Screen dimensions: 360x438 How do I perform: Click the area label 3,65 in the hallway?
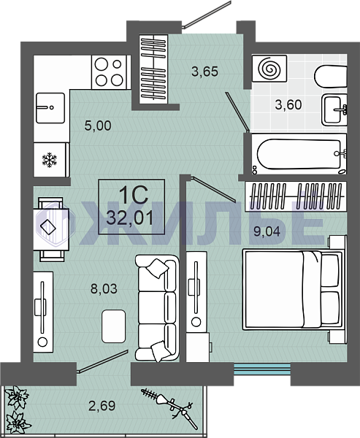(x=204, y=72)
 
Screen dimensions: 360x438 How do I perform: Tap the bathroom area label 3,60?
(x=288, y=104)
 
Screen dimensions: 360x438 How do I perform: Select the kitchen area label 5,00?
(x=98, y=126)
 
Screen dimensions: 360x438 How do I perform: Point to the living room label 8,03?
(x=104, y=288)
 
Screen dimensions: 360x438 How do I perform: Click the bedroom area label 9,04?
(x=267, y=231)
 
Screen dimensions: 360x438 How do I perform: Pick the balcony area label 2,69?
(x=102, y=406)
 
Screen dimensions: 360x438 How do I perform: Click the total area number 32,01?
(x=130, y=218)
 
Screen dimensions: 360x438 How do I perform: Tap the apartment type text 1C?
(x=134, y=195)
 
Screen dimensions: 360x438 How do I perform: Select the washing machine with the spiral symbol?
(x=269, y=69)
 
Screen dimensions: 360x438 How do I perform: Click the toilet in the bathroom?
(x=331, y=76)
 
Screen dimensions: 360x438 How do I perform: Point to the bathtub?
(x=299, y=154)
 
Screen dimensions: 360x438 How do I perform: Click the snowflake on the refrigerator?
(x=50, y=160)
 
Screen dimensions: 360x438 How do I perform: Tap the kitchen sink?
(x=50, y=108)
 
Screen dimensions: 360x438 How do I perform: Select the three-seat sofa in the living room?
(x=157, y=308)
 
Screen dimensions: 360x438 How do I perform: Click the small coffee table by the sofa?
(x=113, y=326)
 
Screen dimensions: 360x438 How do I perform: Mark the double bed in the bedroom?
(x=293, y=289)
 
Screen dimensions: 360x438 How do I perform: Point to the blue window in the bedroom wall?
(x=262, y=369)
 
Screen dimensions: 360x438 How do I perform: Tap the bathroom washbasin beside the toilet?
(x=335, y=109)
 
